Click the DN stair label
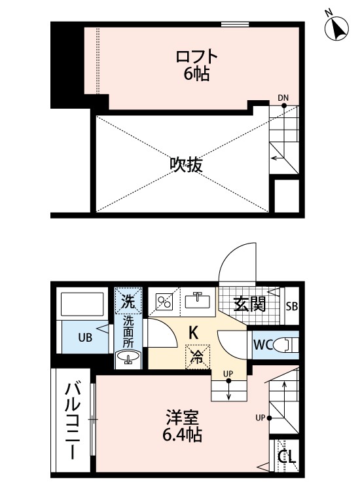[283, 98]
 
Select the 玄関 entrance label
[250, 304]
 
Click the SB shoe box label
[292, 305]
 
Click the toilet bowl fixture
[284, 344]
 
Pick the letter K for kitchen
[194, 333]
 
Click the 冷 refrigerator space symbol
[196, 357]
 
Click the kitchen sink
[196, 300]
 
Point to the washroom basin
[128, 357]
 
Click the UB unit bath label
[86, 338]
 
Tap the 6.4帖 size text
[183, 435]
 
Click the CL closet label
[286, 456]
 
